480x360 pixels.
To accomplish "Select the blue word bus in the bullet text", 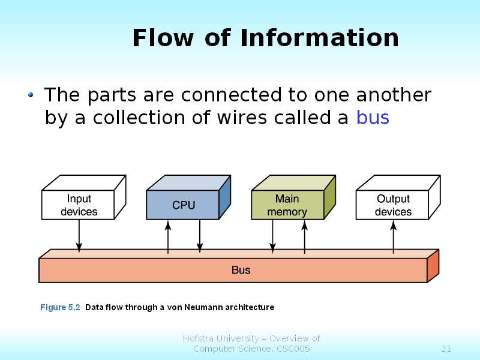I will click(x=373, y=118).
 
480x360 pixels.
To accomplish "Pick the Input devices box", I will click(x=79, y=205).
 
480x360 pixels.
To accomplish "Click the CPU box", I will click(x=183, y=205).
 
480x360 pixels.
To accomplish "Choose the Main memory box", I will click(x=287, y=205).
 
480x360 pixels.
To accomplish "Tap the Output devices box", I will click(x=393, y=205).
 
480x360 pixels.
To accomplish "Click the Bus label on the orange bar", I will click(x=241, y=270).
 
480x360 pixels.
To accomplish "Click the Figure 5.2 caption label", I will click(x=60, y=307).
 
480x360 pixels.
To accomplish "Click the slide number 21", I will click(x=446, y=349).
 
